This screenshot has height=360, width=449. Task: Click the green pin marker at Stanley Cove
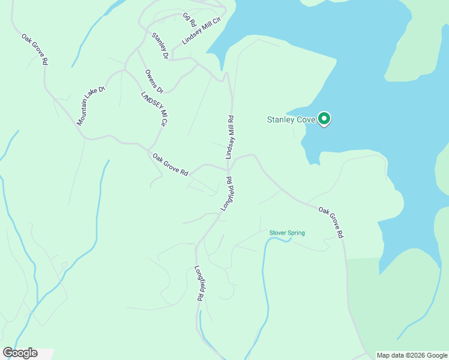(324, 119)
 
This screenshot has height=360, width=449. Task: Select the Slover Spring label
(287, 233)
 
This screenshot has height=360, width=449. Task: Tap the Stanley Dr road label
(160, 46)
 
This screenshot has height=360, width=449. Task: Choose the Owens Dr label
(154, 82)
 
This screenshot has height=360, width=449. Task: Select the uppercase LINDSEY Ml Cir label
(153, 109)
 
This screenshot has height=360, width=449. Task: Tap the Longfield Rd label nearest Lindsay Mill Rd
(226, 193)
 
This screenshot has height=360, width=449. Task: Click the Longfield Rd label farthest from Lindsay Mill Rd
(199, 283)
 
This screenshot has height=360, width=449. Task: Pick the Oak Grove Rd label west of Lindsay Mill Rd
(170, 165)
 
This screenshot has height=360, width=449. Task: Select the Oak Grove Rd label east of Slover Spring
(331, 223)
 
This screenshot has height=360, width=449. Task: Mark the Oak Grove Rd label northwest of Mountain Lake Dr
(35, 49)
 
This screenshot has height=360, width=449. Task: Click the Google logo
(20, 353)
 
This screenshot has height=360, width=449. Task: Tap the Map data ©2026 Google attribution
(412, 355)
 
